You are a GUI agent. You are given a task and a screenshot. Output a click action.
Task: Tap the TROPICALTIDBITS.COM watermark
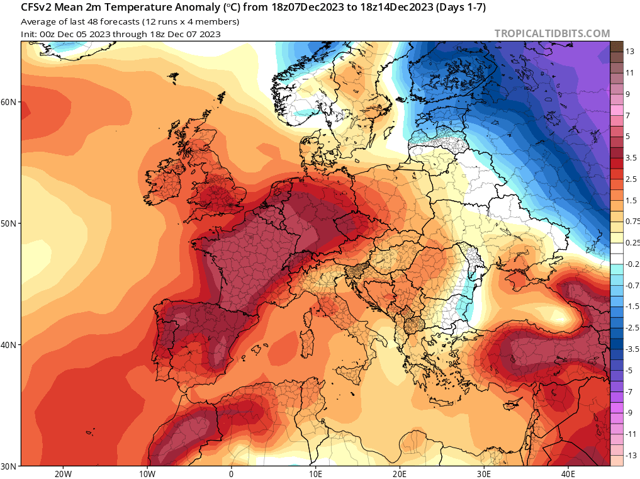pyautogui.click(x=552, y=33)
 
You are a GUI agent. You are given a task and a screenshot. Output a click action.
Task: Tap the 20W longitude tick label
pyautogui.click(x=63, y=473)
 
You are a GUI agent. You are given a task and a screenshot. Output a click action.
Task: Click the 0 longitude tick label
pyautogui.click(x=231, y=473)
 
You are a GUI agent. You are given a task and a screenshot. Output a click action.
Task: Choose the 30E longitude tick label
pyautogui.click(x=483, y=473)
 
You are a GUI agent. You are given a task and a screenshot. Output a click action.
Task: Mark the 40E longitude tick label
pyautogui.click(x=568, y=473)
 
